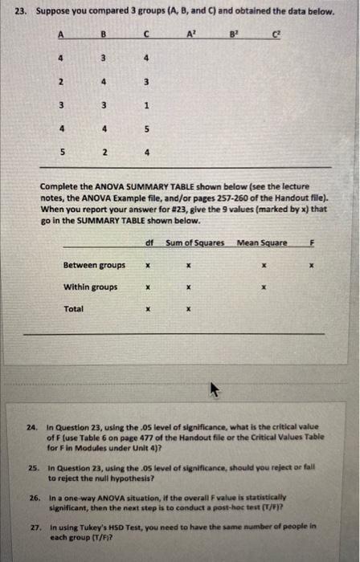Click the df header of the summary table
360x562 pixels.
[149, 242]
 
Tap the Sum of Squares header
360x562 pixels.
[195, 242]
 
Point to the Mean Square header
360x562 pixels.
[261, 242]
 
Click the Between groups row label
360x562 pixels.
[94, 265]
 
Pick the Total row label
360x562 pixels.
[73, 308]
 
